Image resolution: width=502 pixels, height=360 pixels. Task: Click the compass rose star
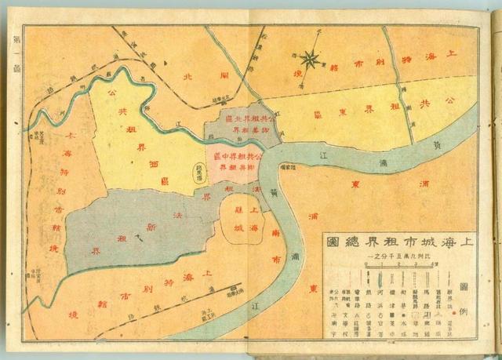(311, 57)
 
